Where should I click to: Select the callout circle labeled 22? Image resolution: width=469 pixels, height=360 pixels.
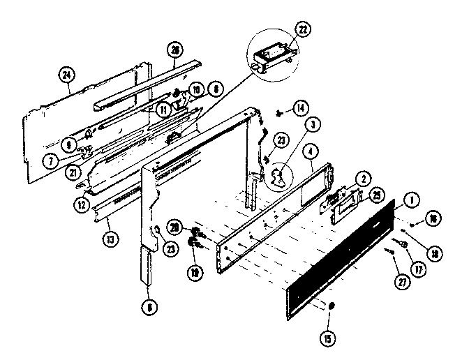[x=303, y=29]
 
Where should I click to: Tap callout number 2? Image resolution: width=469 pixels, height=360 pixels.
[x=362, y=179]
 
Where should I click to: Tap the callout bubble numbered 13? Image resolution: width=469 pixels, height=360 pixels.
[x=109, y=239]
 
